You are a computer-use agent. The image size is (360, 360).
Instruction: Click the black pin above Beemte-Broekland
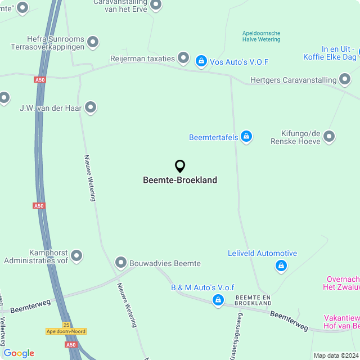(x=180, y=166)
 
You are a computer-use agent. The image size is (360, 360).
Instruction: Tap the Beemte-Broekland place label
(x=180, y=181)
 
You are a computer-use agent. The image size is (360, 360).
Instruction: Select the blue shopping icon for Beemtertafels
(x=246, y=136)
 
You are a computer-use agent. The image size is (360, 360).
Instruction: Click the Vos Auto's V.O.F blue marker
(x=201, y=60)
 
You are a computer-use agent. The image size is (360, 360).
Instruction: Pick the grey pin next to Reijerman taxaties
(x=183, y=57)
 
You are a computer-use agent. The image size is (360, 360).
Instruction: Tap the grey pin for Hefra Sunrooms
(x=93, y=42)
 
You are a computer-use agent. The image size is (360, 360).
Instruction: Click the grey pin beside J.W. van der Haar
(x=90, y=107)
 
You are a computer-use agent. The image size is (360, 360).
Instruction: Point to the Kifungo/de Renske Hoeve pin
(x=329, y=137)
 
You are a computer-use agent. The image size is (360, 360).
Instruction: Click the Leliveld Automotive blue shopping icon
(x=281, y=265)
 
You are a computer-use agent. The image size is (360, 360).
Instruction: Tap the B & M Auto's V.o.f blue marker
(x=218, y=300)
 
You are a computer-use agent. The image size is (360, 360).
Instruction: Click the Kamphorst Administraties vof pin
(x=76, y=256)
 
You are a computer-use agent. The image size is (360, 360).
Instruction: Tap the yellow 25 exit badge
(x=66, y=325)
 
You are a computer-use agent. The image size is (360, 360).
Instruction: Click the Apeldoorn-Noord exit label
(x=66, y=331)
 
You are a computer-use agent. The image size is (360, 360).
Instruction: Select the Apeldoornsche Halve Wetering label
(x=261, y=37)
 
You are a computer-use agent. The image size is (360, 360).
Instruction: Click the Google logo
(x=19, y=353)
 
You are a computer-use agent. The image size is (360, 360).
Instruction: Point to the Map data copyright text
(x=336, y=355)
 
